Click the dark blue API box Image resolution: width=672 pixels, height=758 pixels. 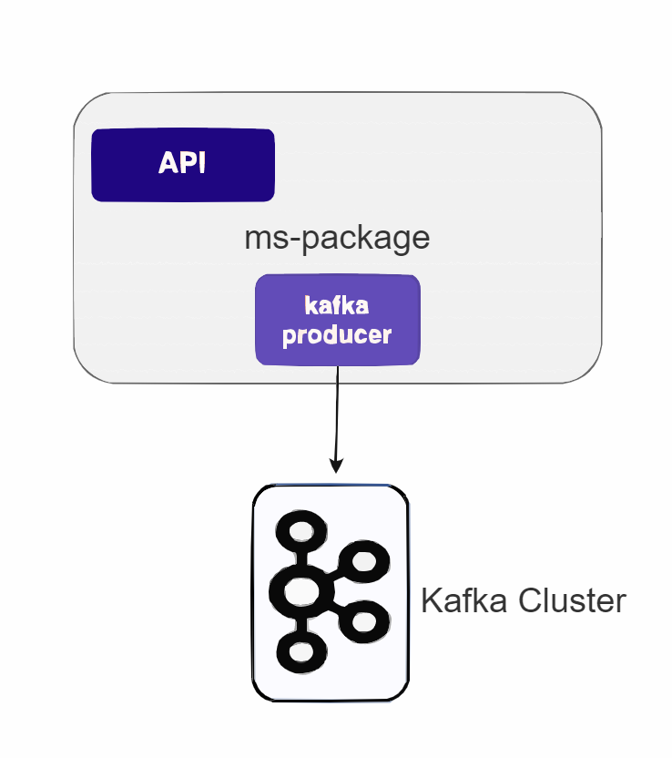[x=182, y=165]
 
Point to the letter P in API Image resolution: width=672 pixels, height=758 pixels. [x=183, y=163]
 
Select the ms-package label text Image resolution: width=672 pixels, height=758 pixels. [x=337, y=238]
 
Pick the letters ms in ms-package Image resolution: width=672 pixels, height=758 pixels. [x=266, y=240]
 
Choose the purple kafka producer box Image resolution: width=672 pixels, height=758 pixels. [x=337, y=321]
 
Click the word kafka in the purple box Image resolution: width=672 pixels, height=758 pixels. [x=337, y=305]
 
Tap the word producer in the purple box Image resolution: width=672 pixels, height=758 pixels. [x=337, y=334]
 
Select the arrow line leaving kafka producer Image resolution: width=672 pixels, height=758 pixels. [x=338, y=410]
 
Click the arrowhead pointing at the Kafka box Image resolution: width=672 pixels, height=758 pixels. [x=336, y=466]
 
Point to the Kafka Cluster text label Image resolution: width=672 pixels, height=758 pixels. [x=524, y=601]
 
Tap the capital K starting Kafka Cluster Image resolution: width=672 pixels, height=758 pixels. [x=431, y=601]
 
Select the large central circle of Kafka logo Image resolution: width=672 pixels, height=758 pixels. [x=300, y=593]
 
